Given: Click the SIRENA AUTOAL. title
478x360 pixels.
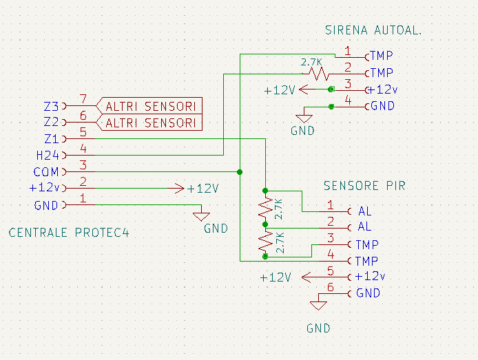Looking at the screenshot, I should (373, 31).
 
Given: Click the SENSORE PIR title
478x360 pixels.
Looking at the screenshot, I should (364, 187).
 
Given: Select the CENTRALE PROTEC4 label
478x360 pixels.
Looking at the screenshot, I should (69, 233).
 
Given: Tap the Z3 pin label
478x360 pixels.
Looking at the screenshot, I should (51, 107).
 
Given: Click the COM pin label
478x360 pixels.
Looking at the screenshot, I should (46, 172).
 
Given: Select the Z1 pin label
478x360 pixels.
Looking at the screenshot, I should (51, 140).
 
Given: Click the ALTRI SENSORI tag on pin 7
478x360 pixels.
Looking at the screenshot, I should (151, 106).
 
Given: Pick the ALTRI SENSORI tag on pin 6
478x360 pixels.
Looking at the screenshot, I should (151, 123).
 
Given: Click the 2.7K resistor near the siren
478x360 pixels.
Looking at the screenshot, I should (316, 72).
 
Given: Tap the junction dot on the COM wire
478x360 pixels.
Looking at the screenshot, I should (239, 171).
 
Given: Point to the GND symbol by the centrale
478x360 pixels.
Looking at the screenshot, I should (201, 215).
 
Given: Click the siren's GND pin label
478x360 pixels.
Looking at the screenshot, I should (382, 106).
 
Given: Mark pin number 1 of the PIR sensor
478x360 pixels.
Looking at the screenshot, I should (330, 204).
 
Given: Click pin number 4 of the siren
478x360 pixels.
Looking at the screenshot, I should (348, 100).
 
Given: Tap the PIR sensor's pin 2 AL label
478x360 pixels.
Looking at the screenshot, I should (364, 227).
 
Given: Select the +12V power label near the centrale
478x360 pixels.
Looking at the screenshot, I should (202, 189).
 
